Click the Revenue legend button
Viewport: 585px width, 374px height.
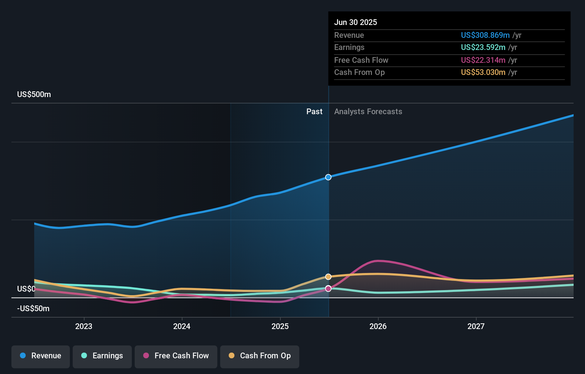pos(41,356)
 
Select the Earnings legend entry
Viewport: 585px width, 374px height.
pos(102,356)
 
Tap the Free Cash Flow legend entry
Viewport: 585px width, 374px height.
pos(176,356)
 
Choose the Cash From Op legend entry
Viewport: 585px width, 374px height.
pos(260,356)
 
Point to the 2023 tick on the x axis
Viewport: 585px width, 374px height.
pos(84,326)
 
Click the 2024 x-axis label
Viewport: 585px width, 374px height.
pos(182,326)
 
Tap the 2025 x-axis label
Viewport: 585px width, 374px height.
pos(280,326)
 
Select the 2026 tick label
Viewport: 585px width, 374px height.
pos(378,326)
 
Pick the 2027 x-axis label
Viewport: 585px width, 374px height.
pos(476,326)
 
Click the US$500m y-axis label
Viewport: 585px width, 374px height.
pos(34,95)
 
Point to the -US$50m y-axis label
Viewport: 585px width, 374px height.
pos(33,309)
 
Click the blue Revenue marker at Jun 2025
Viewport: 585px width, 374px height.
pos(328,177)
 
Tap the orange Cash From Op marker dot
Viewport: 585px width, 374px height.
pos(328,277)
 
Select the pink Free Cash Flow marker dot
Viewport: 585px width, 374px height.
pos(328,288)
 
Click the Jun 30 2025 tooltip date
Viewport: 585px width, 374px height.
pos(355,22)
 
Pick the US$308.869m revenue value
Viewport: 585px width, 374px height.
pos(485,35)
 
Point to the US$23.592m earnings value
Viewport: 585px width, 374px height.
pos(483,47)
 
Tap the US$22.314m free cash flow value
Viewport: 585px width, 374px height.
pos(483,60)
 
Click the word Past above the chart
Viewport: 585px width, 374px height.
pos(314,112)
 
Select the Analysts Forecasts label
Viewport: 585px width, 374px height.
pos(368,112)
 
